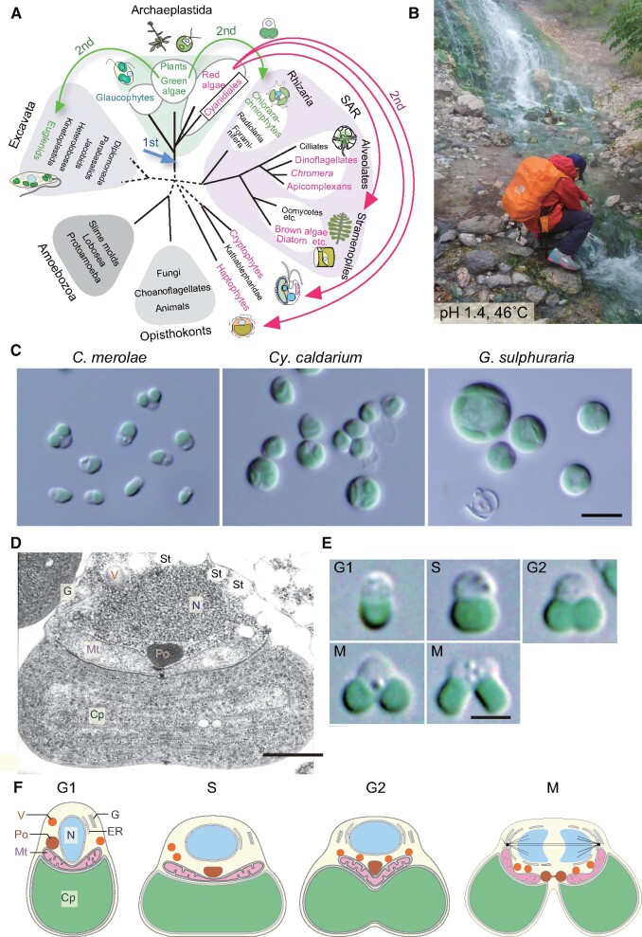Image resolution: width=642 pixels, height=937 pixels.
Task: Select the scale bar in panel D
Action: (291, 754)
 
